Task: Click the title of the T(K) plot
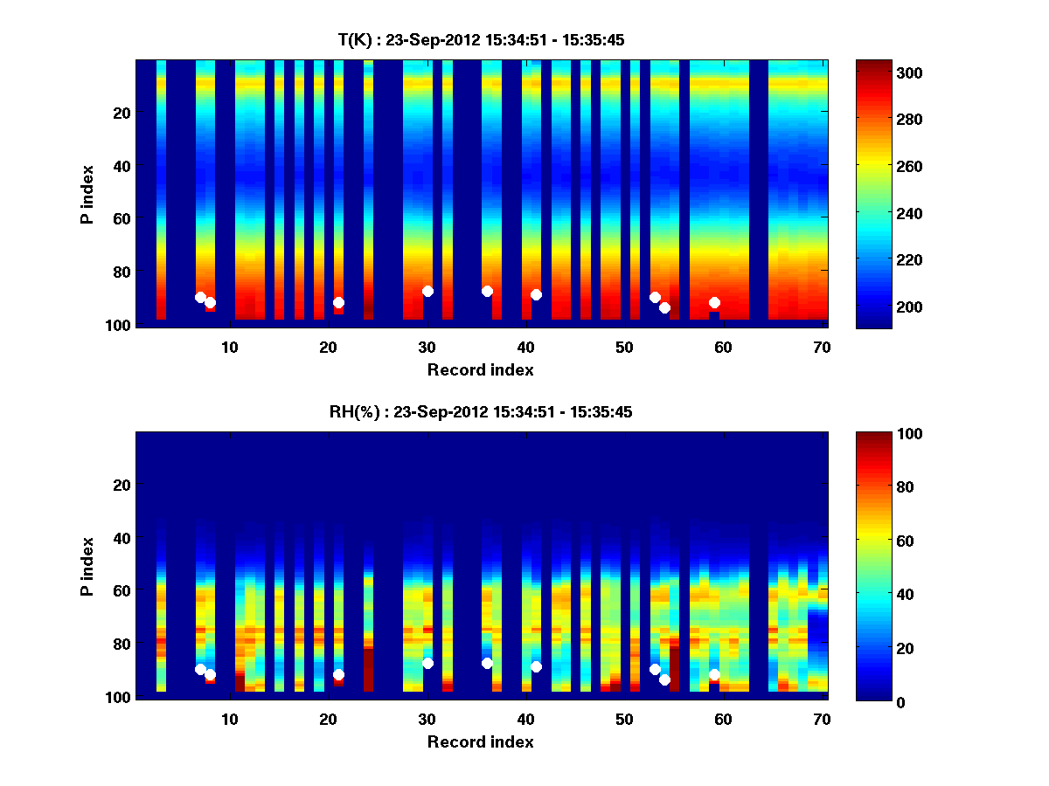click(480, 40)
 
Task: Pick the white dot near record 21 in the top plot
click(338, 302)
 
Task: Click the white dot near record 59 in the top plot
click(714, 302)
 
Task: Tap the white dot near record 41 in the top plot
click(536, 294)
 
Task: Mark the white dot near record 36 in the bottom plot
click(487, 664)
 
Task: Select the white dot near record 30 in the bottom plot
click(427, 664)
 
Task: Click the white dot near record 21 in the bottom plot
click(338, 674)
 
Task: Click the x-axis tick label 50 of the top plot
click(624, 347)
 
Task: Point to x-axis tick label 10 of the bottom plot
click(229, 719)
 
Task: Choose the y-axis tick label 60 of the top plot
click(122, 218)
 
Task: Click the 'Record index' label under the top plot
click(480, 369)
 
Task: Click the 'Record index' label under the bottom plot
click(480, 741)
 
